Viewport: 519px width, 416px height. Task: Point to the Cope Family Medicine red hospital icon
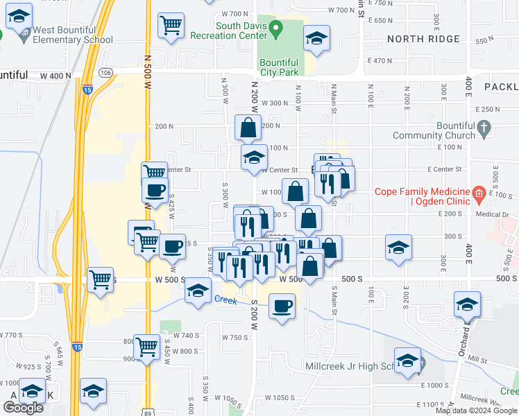pos(478,192)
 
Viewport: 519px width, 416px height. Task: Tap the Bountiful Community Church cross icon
pos(485,128)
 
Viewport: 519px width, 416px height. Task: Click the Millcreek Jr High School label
pos(352,366)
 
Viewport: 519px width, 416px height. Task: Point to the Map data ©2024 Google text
pos(476,410)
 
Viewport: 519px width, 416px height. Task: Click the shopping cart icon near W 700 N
pos(171,26)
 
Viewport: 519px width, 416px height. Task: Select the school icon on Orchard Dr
pos(467,304)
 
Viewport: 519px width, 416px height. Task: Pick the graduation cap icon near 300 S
pos(398,248)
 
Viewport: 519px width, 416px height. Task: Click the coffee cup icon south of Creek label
pos(282,306)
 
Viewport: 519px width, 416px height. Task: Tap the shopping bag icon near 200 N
pos(248,128)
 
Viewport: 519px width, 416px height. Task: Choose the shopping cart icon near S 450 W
pos(146,346)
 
